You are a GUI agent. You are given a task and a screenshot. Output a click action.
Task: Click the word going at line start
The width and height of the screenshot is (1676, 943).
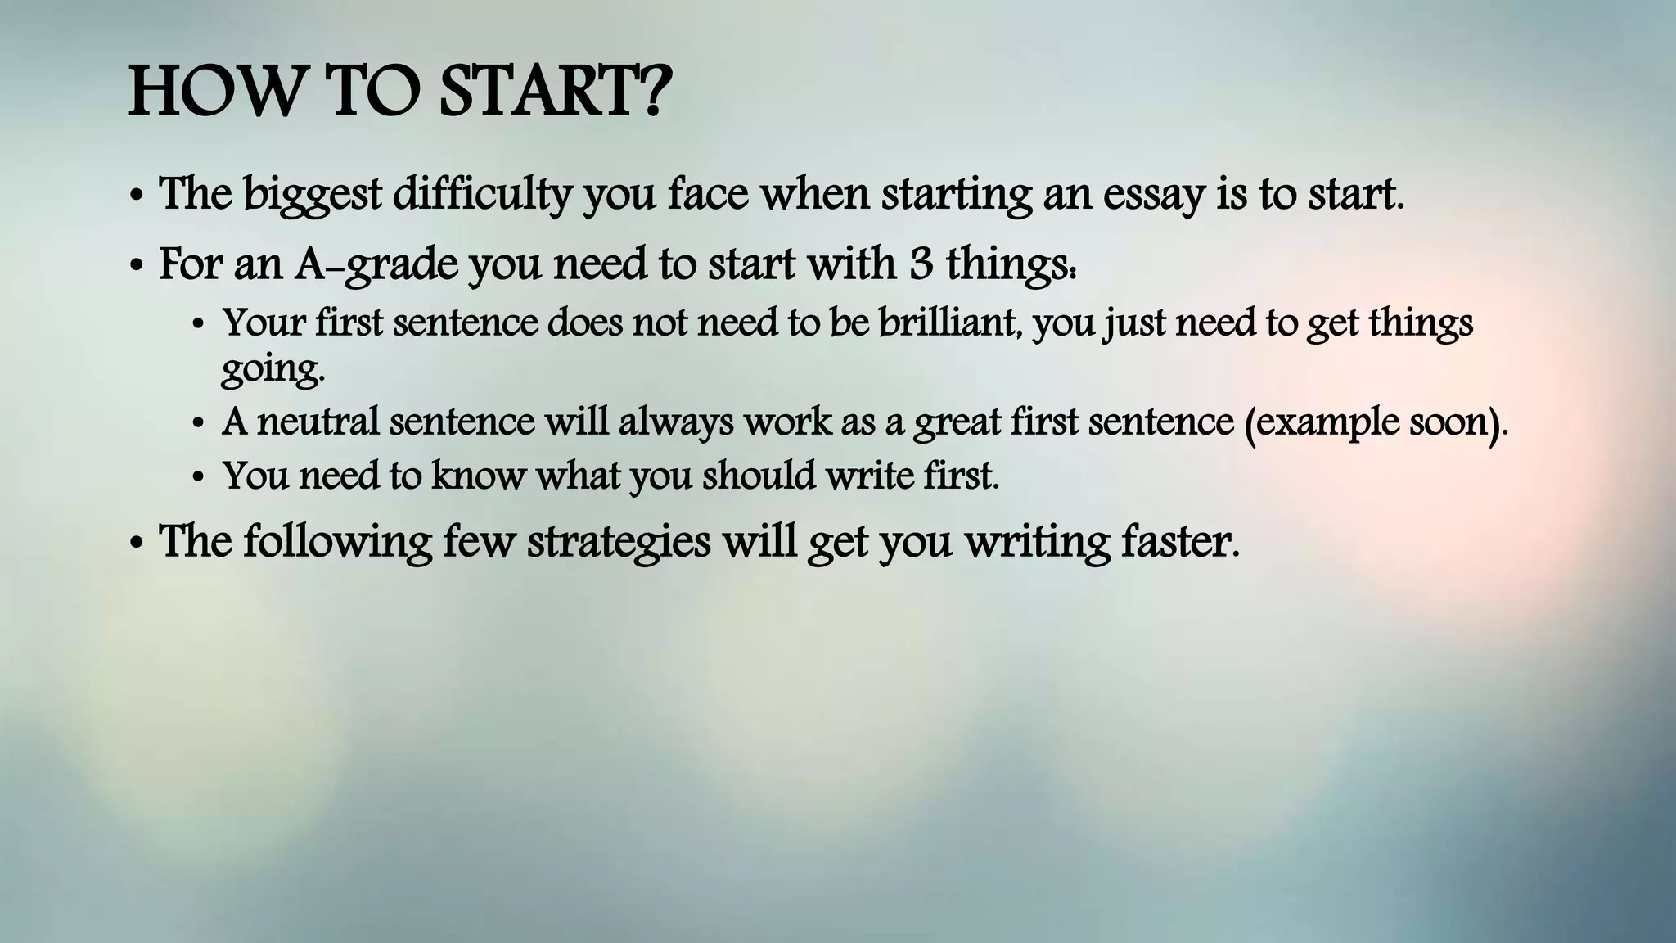coord(271,369)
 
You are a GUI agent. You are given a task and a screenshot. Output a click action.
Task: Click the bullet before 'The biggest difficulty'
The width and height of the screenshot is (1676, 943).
coord(137,198)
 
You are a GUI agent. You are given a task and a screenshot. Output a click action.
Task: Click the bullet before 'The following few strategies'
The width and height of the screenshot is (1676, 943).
coord(137,544)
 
